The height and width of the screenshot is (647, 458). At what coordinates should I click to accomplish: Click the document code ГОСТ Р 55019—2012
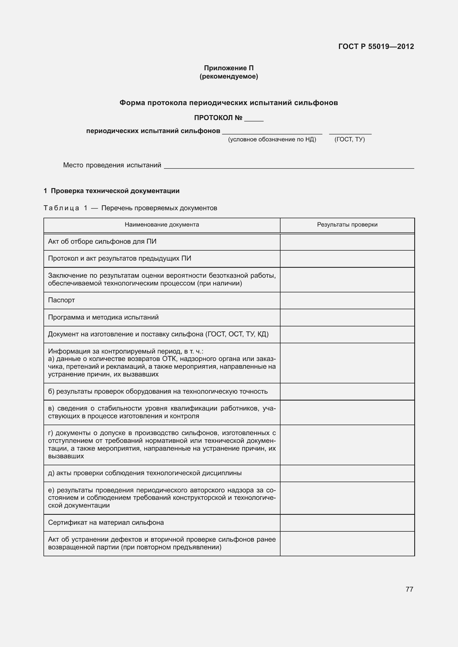376,46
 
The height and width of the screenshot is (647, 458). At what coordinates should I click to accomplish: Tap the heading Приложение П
229,68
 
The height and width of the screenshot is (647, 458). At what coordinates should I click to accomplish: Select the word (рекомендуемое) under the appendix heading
229,76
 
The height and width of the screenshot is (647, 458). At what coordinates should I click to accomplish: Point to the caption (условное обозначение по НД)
272,139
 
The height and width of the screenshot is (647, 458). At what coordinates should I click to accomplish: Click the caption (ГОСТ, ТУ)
349,139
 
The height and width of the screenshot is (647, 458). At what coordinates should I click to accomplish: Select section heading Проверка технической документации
115,191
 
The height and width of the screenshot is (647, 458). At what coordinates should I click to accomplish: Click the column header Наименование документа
162,225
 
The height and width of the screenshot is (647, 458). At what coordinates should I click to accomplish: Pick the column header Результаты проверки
347,225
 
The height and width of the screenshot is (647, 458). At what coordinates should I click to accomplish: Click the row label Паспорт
61,300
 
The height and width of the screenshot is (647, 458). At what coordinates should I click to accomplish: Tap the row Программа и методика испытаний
103,317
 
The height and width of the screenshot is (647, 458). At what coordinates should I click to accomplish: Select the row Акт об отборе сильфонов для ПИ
102,241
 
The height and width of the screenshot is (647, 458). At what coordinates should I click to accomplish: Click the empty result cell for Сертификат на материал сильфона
347,523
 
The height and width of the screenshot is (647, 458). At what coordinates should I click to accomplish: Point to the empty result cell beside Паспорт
347,300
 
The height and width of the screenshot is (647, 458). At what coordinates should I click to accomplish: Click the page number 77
409,589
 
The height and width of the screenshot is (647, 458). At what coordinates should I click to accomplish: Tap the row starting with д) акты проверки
145,473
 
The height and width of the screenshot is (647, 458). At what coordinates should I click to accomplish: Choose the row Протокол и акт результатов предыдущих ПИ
120,258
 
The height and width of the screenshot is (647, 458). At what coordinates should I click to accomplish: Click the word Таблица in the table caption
61,208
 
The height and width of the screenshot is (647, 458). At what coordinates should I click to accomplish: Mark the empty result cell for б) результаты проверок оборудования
347,391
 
